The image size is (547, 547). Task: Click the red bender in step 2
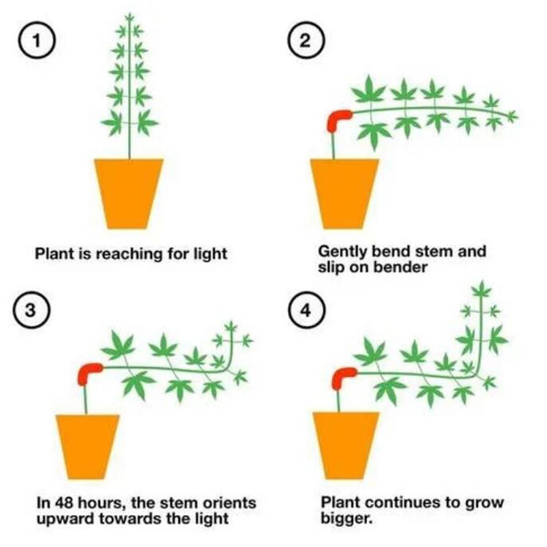337,120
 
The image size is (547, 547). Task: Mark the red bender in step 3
88,372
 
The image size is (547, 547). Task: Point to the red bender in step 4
341,378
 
